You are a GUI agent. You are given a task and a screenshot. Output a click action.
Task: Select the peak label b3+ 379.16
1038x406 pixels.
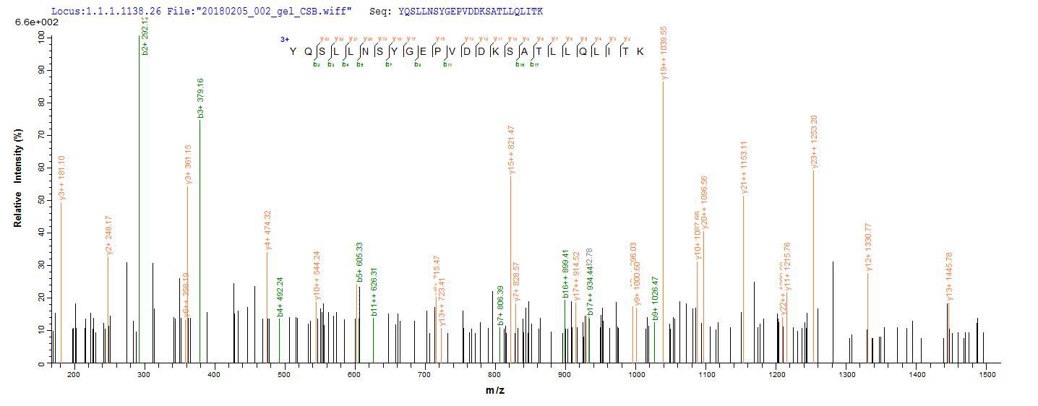coord(200,98)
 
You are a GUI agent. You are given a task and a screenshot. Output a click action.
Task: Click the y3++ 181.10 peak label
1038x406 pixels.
coord(61,178)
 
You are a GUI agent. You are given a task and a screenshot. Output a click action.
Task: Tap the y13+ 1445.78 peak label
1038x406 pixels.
coord(949,276)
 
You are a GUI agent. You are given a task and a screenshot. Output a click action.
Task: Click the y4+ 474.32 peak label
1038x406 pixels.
coord(267,230)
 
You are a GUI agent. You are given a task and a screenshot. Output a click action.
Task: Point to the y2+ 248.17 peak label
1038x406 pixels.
coord(108,236)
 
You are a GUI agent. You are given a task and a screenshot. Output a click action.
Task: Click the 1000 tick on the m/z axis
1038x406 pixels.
coord(636,374)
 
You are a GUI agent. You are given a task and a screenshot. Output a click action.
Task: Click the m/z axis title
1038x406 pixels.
coord(495,390)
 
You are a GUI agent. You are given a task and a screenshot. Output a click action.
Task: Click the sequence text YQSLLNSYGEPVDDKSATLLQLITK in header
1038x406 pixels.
coord(470,12)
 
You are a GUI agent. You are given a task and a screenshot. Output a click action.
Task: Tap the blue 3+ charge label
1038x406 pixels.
coord(284,40)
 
